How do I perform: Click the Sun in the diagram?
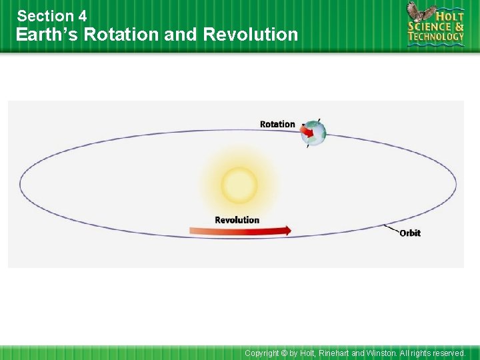pos(239,185)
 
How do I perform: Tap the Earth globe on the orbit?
pos(315,133)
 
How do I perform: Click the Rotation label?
pos(277,124)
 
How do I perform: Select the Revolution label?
pos(237,220)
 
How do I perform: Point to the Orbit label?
pos(410,233)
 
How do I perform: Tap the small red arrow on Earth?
pos(307,131)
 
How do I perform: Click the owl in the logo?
pos(419,13)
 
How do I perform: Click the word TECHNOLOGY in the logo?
pos(436,37)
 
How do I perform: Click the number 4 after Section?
pos(82,15)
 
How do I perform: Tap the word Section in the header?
pos(46,15)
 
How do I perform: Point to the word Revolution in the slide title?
pos(250,35)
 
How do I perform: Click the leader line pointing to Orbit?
pos(391,229)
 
